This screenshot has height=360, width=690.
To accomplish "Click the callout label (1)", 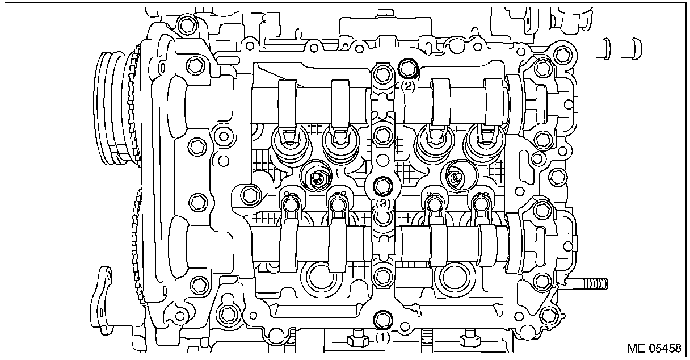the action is (x=383, y=337).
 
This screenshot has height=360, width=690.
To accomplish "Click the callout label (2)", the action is (x=409, y=87).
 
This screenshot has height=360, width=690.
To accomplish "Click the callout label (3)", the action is (x=383, y=202).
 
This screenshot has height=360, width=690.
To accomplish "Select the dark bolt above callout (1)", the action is (x=383, y=319).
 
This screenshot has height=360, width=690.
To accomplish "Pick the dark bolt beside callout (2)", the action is (x=408, y=69).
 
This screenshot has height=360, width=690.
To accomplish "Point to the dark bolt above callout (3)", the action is (x=383, y=185).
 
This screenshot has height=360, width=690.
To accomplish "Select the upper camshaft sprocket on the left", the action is (x=116, y=108).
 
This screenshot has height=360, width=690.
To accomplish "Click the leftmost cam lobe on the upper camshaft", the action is (x=288, y=103).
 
